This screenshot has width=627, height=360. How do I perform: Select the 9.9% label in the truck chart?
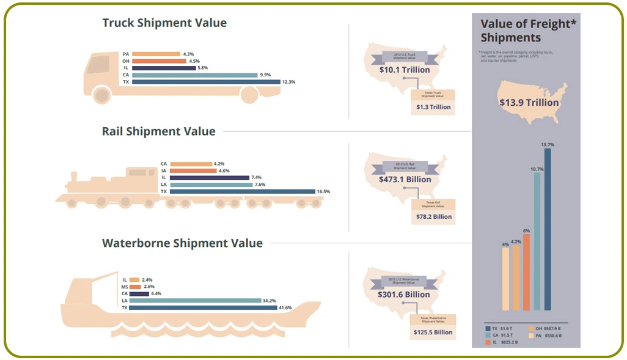pyautogui.click(x=265, y=75)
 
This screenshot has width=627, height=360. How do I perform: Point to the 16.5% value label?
pyautogui.click(x=323, y=191)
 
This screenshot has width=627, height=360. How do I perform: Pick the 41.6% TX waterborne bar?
pyautogui.click(x=203, y=307)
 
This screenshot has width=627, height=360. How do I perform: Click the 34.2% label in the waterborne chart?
pyautogui.click(x=269, y=300)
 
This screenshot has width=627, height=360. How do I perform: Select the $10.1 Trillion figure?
pyautogui.click(x=405, y=70)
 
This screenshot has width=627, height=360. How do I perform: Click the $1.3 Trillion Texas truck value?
pyautogui.click(x=433, y=107)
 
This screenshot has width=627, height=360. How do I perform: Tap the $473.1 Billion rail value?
pyautogui.click(x=405, y=179)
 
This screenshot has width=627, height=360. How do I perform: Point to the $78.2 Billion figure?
pyautogui.click(x=433, y=216)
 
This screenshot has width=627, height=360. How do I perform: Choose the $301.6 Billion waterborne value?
pyautogui.click(x=404, y=294)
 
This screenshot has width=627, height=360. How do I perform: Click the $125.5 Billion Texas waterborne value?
pyautogui.click(x=433, y=332)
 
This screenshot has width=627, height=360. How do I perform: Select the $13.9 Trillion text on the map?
pyautogui.click(x=529, y=102)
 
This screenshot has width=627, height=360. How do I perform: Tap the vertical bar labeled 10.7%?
pyautogui.click(x=537, y=241)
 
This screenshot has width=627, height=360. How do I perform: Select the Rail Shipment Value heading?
pyautogui.click(x=158, y=131)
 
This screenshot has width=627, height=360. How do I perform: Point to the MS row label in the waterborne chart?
pyautogui.click(x=125, y=287)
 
